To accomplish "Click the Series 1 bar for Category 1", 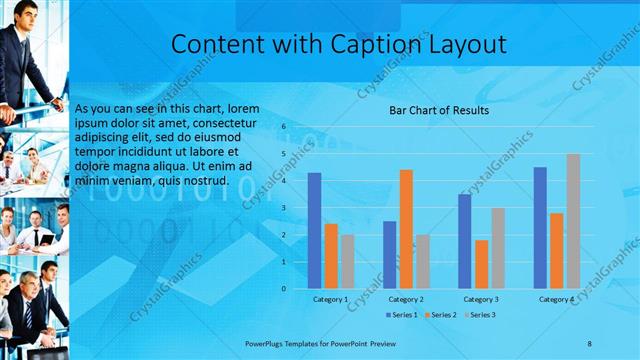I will click(314, 230).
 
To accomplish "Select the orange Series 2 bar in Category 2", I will click(405, 229).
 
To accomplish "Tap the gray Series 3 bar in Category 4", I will click(573, 221).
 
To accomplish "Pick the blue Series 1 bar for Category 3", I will click(464, 241).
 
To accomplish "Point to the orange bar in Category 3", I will click(481, 264).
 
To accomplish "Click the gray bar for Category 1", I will click(347, 261).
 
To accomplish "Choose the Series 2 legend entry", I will click(441, 315).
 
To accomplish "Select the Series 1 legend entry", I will click(401, 315).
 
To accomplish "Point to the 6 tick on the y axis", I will click(284, 126).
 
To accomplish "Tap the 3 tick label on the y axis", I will click(284, 207).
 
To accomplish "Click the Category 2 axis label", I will click(406, 299).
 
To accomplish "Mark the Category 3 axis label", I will click(481, 299).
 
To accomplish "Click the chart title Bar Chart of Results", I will click(438, 110).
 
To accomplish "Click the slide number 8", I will click(589, 343).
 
